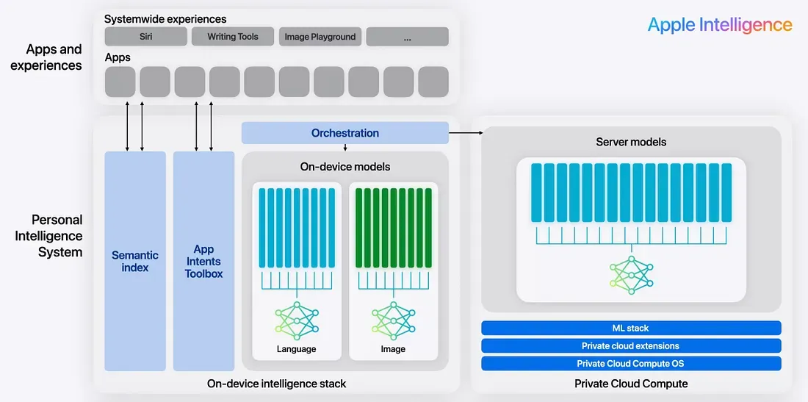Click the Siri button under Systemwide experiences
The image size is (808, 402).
coord(145,37)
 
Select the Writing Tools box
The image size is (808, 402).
coord(233,37)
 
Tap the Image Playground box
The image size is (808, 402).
coord(320,37)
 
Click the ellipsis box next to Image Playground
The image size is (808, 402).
coord(407,37)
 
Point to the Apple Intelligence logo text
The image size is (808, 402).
coord(720,24)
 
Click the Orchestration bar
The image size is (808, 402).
coord(345,133)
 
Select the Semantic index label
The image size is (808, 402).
coord(135,261)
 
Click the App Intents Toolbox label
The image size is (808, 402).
coord(203,262)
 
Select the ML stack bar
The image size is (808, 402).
coord(631,328)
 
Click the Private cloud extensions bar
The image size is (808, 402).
coord(631,345)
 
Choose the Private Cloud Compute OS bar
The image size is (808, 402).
coord(631,363)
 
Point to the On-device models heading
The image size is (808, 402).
coord(345,167)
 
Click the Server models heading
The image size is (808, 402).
coord(631,141)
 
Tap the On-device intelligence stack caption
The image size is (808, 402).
coord(276,383)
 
